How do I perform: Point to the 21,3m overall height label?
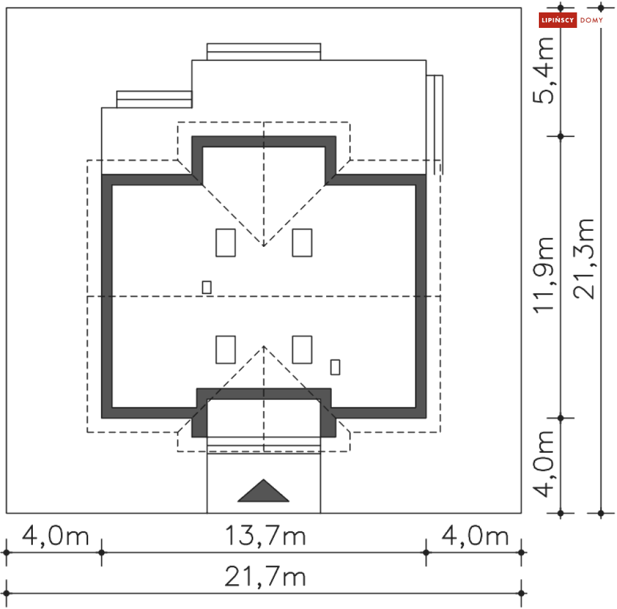click(584, 259)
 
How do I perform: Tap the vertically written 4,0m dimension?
click(546, 464)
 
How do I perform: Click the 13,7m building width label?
click(264, 535)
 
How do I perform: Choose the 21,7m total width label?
click(265, 577)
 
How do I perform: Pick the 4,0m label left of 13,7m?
click(55, 535)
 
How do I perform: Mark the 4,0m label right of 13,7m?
click(474, 535)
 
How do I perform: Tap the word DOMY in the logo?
click(592, 20)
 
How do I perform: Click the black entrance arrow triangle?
click(264, 491)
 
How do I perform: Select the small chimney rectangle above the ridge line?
click(206, 287)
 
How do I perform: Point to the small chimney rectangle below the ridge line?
click(335, 367)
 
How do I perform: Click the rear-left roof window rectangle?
click(226, 242)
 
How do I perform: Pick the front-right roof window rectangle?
click(302, 349)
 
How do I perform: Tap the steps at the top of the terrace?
click(264, 51)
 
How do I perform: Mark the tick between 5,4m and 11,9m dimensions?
click(561, 136)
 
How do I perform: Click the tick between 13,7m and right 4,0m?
click(426, 552)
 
